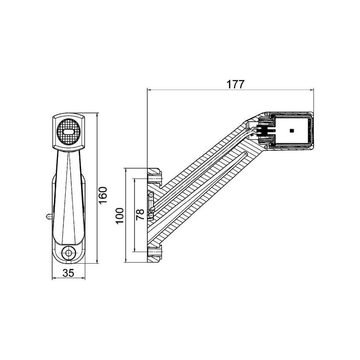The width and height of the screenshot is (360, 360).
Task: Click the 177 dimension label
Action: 235,85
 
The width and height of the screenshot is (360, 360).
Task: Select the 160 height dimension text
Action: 103,195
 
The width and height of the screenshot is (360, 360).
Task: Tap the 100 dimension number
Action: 120,216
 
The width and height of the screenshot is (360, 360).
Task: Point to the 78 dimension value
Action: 140,215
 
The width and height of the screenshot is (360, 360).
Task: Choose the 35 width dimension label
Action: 68,273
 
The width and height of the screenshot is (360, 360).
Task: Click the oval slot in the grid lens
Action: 68,132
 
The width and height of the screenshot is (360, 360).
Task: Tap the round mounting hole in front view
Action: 68,253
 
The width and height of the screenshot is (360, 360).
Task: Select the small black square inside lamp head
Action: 292,130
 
